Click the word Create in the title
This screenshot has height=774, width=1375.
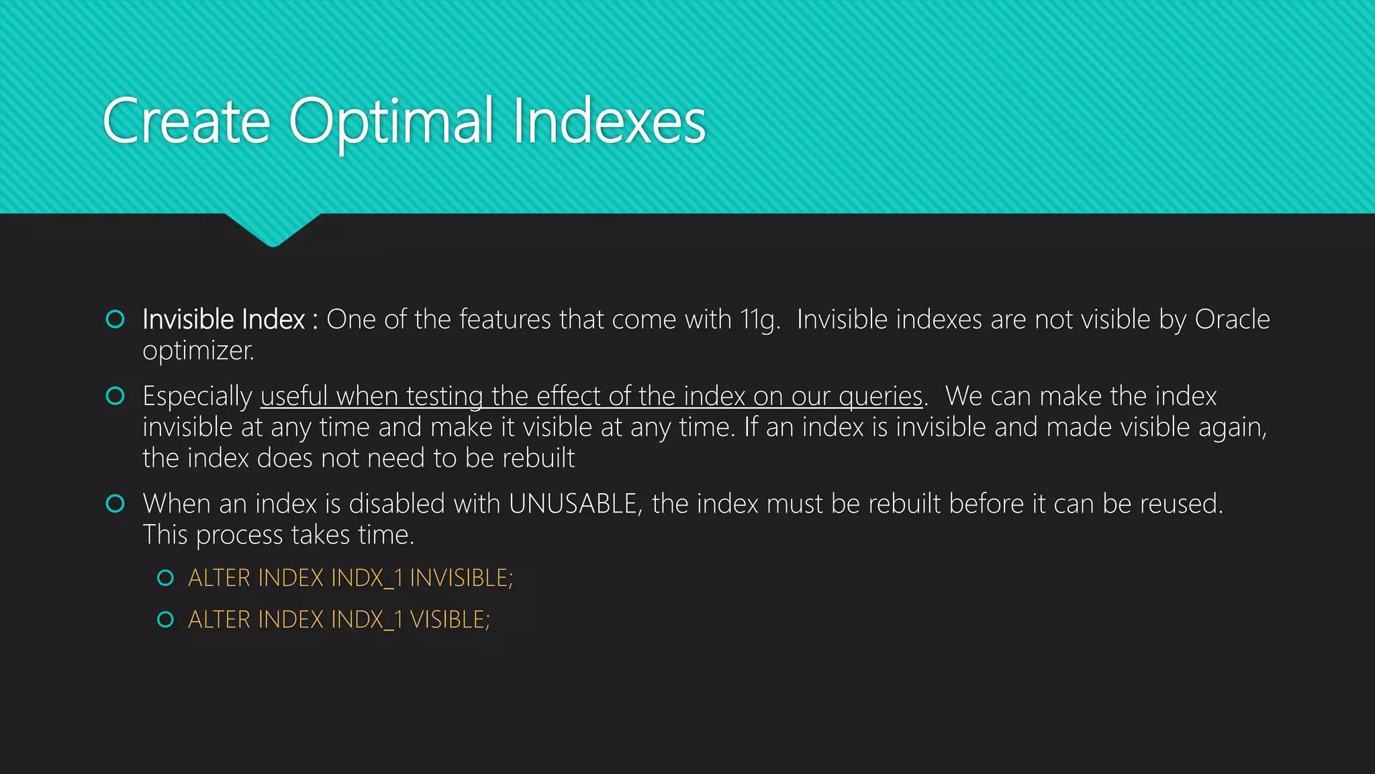point(186,122)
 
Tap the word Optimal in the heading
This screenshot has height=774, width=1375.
point(391,122)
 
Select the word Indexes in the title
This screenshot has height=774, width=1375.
point(609,122)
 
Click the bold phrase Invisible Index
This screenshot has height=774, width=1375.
point(224,320)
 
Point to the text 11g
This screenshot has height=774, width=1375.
point(759,320)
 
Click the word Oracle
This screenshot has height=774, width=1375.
point(1232,320)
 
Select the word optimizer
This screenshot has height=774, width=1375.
point(198,351)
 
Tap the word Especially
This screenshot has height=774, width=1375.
point(197,396)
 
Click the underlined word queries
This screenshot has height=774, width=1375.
point(880,396)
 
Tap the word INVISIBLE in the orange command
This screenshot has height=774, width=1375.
point(461,578)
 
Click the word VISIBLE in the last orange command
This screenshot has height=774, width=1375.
point(450,619)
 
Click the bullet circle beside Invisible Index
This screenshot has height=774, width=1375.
point(115,319)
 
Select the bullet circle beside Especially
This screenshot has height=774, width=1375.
point(115,396)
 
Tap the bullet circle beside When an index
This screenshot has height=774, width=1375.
point(115,503)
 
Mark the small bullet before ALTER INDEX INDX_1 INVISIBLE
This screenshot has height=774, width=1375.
point(165,578)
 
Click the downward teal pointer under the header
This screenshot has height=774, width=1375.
point(273,229)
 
